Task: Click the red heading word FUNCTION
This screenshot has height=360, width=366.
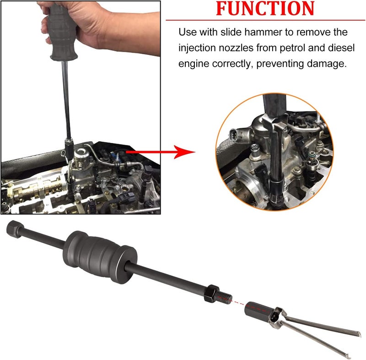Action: (265, 9)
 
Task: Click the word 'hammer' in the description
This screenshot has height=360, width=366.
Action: (262, 32)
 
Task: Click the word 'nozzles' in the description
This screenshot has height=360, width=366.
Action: (236, 48)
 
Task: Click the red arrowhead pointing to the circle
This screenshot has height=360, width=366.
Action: (184, 152)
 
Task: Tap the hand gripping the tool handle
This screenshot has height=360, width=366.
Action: (77, 25)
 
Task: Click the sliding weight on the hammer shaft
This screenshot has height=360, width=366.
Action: (100, 257)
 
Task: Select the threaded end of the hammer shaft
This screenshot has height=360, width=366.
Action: (225, 298)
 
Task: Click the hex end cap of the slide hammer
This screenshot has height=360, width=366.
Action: (15, 229)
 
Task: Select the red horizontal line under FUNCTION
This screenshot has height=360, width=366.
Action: (265, 20)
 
